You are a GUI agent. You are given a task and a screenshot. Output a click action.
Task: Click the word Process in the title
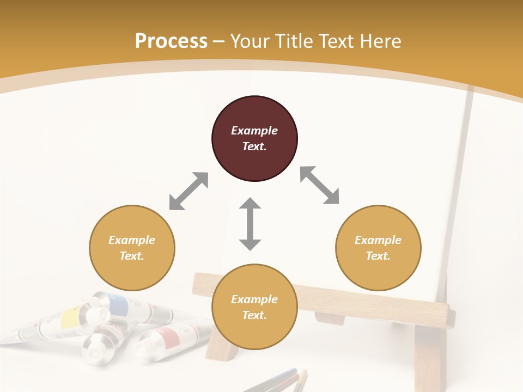click(x=171, y=41)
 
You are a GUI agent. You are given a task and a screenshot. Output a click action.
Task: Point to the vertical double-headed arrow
click(x=250, y=224)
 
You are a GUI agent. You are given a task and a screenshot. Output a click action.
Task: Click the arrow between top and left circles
click(x=188, y=191)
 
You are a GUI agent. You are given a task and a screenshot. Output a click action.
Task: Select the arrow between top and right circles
click(x=320, y=185)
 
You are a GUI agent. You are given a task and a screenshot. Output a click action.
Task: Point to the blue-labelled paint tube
click(x=123, y=305)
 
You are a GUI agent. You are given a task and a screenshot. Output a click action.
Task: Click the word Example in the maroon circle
click(x=254, y=131)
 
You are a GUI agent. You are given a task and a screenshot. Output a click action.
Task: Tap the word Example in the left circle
click(x=132, y=240)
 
